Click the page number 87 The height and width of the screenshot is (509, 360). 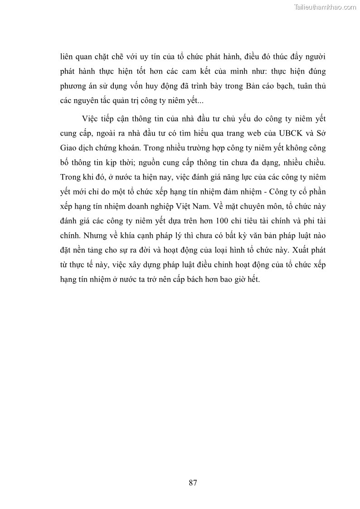[192, 482]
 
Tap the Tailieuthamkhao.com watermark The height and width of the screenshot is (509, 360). [325, 7]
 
